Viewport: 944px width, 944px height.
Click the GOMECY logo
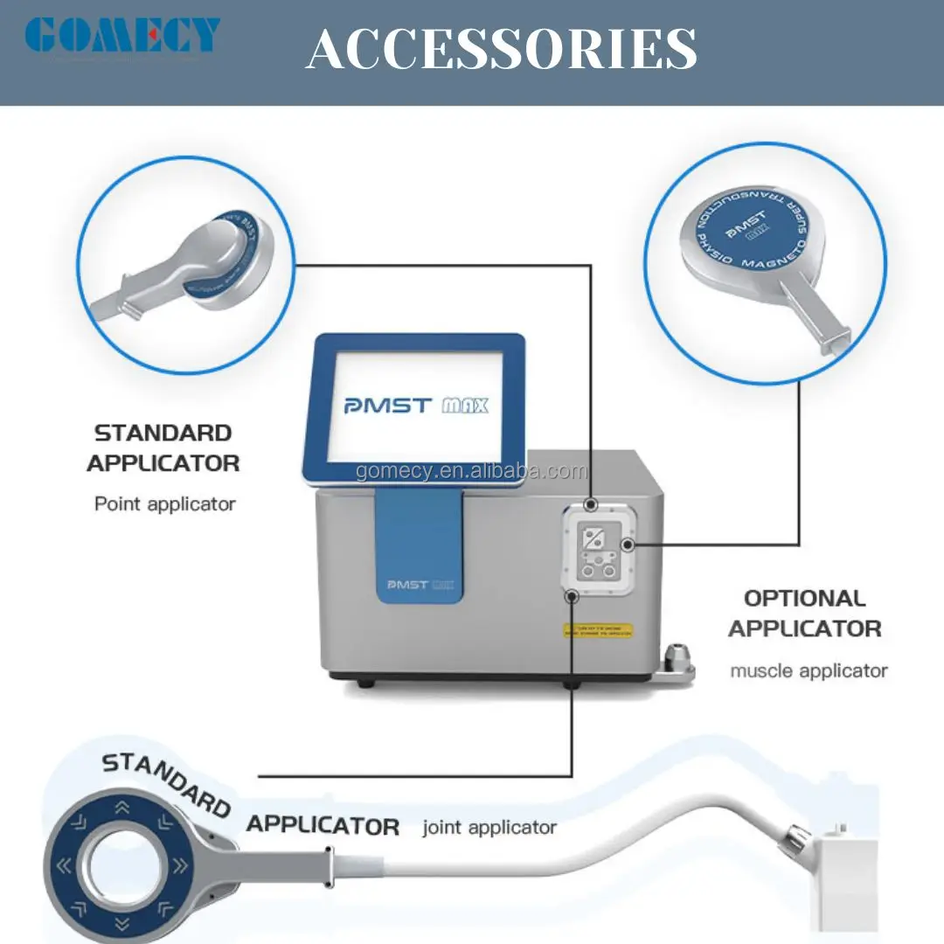coord(121,36)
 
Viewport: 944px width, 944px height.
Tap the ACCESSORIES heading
coord(501,49)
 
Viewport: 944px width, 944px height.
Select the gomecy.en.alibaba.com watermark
coord(471,472)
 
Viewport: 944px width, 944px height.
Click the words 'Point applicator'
coord(165,503)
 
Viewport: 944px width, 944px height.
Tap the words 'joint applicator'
coord(489,827)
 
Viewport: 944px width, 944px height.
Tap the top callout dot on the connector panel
coord(591,505)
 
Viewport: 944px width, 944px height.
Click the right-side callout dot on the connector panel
coord(627,545)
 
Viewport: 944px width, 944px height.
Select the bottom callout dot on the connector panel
coord(572,596)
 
